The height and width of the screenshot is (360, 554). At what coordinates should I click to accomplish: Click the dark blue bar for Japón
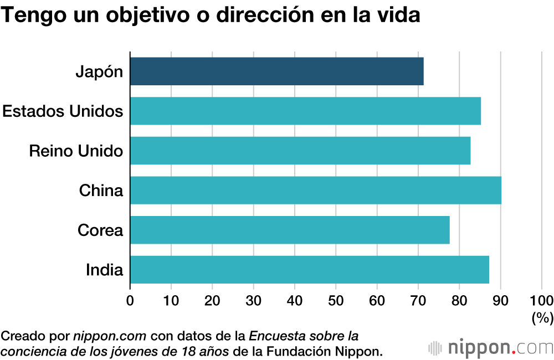(x=277, y=71)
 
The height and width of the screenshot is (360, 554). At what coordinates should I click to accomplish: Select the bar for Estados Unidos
(x=305, y=111)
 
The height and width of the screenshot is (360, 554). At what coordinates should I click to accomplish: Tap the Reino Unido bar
(x=300, y=151)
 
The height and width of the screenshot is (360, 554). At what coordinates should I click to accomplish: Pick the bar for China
(x=316, y=191)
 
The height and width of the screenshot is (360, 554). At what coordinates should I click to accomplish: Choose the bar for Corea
(x=290, y=230)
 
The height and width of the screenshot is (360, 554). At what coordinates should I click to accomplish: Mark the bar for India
(x=310, y=270)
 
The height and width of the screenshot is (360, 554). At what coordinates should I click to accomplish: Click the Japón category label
(x=99, y=72)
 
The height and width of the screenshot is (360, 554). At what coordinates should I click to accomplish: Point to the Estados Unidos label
(x=63, y=111)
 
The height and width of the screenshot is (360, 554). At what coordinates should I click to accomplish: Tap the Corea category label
(x=100, y=230)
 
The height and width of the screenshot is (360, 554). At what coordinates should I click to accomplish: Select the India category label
(x=104, y=270)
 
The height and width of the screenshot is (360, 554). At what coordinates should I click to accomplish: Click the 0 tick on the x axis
(x=130, y=301)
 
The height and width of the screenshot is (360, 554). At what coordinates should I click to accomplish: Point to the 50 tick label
(x=336, y=301)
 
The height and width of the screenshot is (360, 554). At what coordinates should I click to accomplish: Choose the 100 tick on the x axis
(x=542, y=301)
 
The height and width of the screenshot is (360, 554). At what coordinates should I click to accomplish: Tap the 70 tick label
(x=418, y=301)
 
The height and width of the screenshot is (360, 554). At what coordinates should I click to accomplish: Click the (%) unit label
(x=542, y=318)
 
